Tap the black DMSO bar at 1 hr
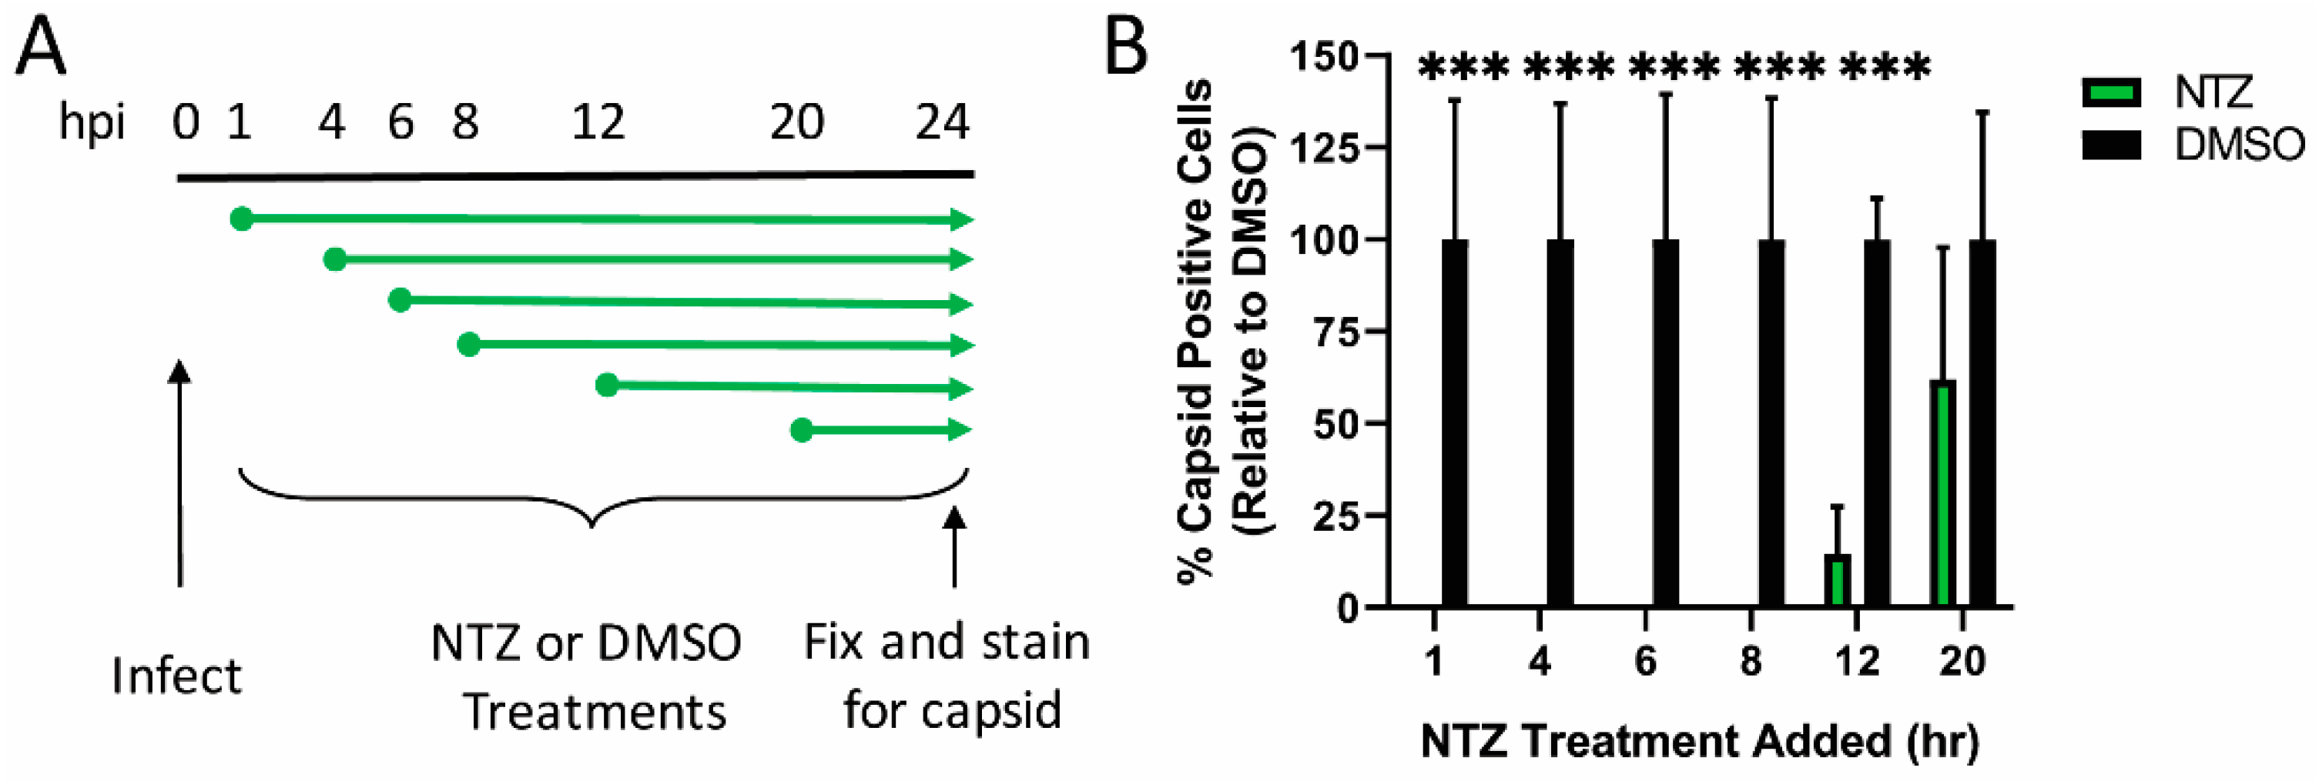pos(1455,423)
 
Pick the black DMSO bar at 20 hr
pos(1982,423)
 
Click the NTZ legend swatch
pos(2111,92)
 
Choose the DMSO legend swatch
pos(2111,145)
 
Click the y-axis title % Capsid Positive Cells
pos(1198,333)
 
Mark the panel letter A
pos(42,48)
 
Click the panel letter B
pos(1125,48)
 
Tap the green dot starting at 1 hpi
pos(241,219)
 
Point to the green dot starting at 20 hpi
pos(802,430)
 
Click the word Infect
pos(176,676)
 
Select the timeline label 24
pos(942,122)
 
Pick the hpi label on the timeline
pos(91,122)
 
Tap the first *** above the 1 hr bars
pos(1463,68)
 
